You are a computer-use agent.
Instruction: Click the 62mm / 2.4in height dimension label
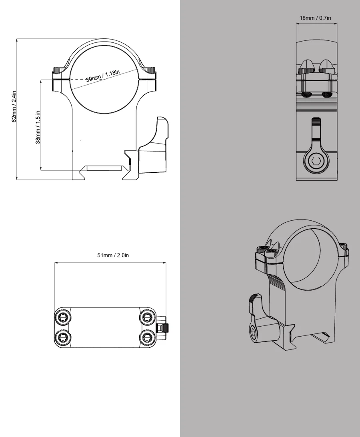tap(14, 106)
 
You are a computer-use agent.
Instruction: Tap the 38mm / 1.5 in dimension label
tap(38, 128)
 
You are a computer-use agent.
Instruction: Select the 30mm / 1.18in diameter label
tap(103, 76)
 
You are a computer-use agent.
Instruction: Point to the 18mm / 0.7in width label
tap(315, 18)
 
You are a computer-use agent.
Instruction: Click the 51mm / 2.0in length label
tap(113, 255)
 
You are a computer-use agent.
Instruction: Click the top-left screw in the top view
tap(63, 317)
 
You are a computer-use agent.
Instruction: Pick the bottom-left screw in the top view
tap(63, 338)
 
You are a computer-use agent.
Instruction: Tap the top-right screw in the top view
tap(147, 317)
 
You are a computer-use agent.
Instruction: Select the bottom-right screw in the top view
tap(147, 338)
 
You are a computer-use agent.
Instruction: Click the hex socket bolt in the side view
tap(316, 161)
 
